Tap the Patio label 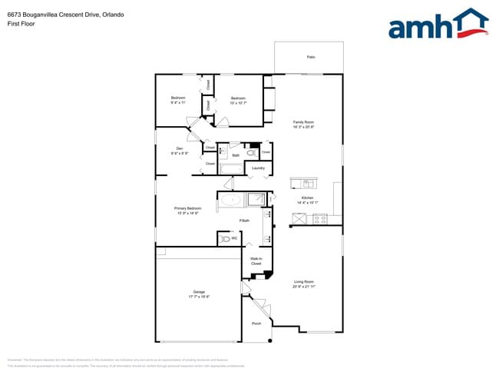click(311, 58)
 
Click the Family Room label click(303, 124)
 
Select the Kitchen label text click(307, 201)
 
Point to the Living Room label click(304, 284)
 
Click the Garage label click(199, 294)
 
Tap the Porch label click(256, 324)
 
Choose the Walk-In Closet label click(256, 261)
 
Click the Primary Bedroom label click(187, 211)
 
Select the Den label click(179, 151)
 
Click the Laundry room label click(259, 168)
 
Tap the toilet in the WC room click(225, 239)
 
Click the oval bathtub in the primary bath click(233, 201)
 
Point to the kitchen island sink click(308, 184)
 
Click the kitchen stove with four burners click(319, 219)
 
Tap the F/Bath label click(243, 221)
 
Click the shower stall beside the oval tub click(256, 200)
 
